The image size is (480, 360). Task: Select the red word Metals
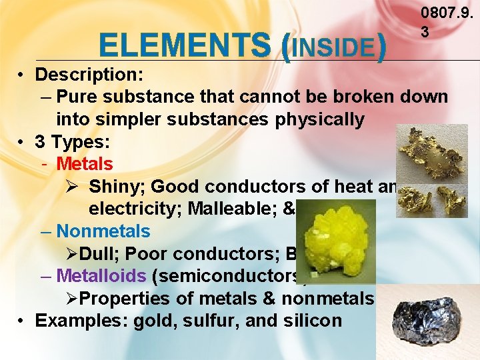click(85, 163)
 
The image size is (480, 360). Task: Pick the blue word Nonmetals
click(103, 231)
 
